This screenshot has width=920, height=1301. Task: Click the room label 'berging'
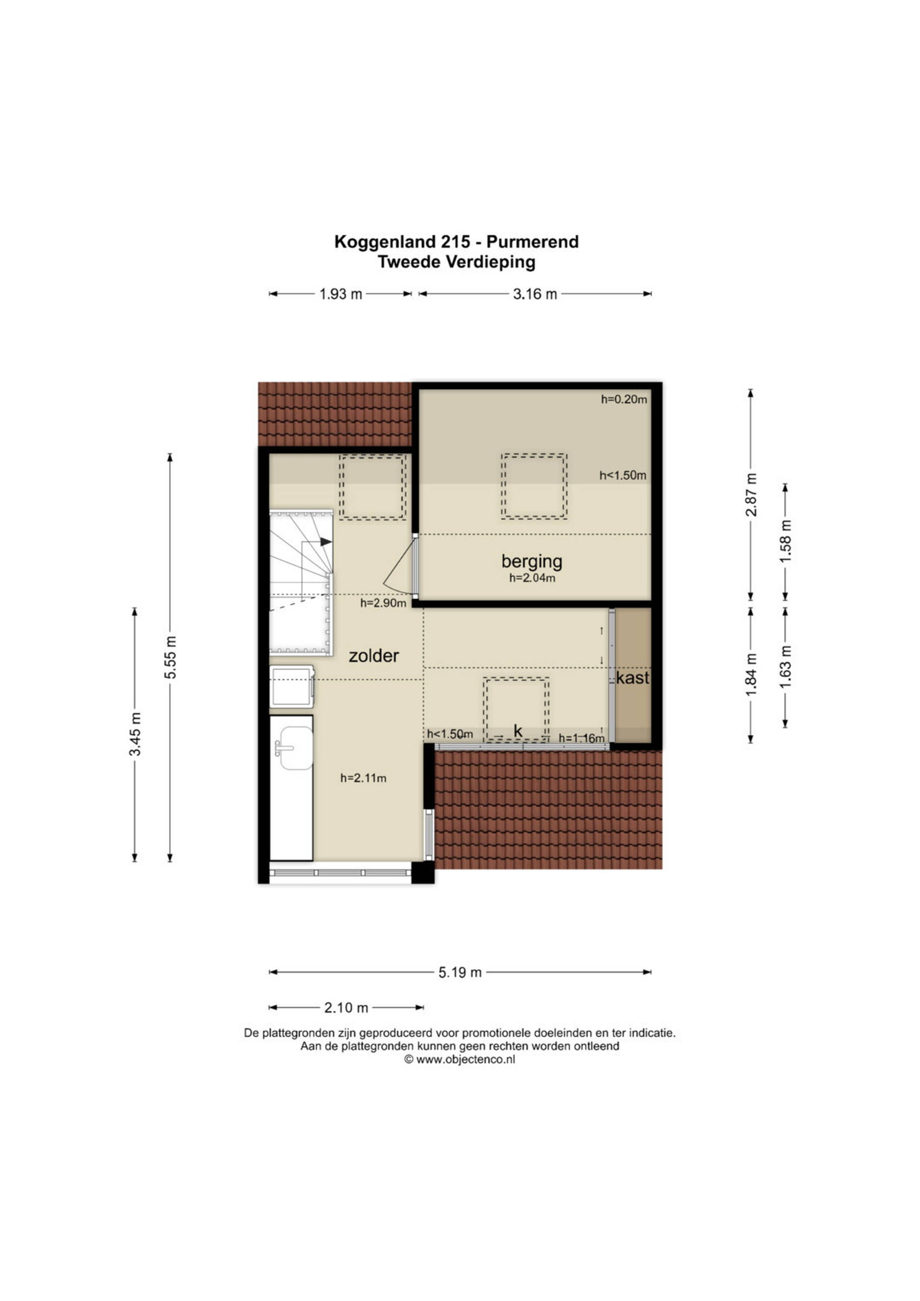531,561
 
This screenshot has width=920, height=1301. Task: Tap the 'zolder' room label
374,656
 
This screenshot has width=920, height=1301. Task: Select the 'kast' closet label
633,678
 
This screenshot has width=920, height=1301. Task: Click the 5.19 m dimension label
460,972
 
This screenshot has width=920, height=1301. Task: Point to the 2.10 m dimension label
346,1008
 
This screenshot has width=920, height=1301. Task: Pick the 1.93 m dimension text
341,294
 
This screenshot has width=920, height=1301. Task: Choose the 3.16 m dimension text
535,294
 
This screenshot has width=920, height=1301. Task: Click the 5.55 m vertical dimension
171,657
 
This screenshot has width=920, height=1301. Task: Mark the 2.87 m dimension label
751,494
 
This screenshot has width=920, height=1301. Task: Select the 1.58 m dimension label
786,542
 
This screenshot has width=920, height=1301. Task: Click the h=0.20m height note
624,399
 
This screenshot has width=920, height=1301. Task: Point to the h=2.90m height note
383,603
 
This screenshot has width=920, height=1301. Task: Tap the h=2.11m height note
363,778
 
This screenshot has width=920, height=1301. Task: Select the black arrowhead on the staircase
326,542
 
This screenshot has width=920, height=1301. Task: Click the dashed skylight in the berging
534,486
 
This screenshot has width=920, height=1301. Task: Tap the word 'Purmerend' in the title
532,242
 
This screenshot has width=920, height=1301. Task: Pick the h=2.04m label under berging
532,578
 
